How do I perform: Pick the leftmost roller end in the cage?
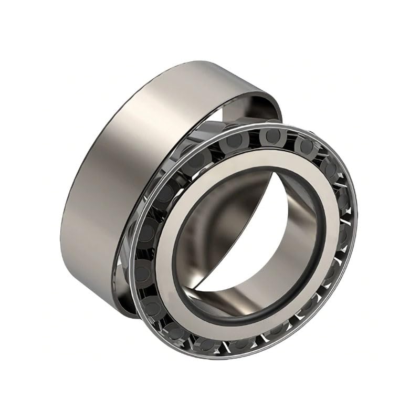[x=143, y=270]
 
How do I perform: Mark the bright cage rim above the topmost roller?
[x=270, y=125]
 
